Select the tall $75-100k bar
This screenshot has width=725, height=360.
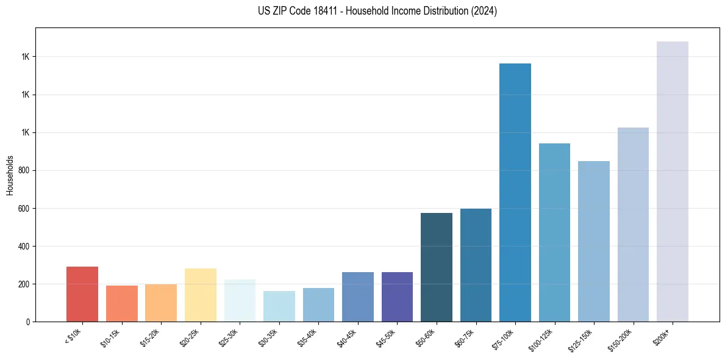tap(515, 192)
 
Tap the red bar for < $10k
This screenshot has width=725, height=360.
tap(82, 294)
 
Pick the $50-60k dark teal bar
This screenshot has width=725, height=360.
tap(436, 267)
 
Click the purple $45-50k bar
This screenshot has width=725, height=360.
tap(397, 297)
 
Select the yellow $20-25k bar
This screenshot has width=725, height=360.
tap(200, 295)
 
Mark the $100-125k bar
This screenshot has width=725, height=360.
tap(554, 232)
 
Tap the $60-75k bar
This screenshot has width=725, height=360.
tap(476, 265)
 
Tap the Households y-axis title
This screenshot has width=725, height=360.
tap(10, 175)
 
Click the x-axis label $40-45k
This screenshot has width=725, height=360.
tap(348, 337)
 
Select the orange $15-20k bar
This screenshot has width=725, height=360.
tap(161, 303)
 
